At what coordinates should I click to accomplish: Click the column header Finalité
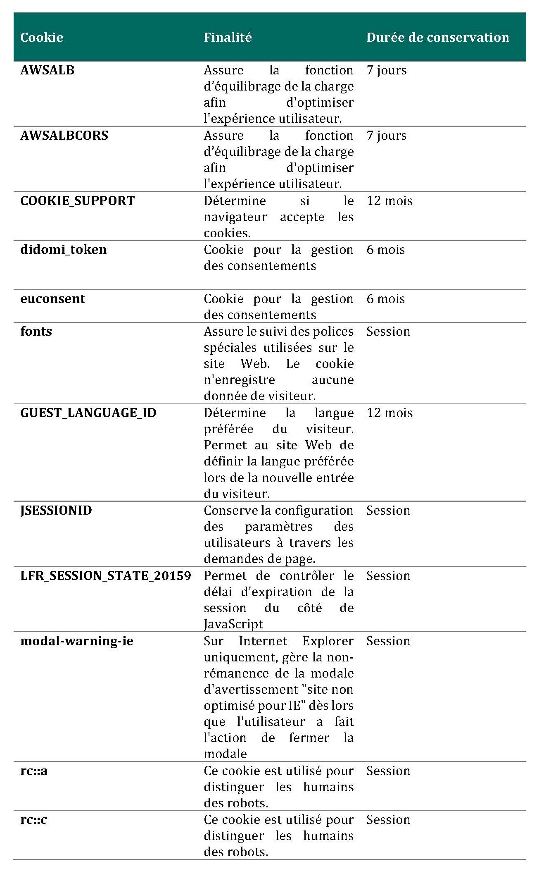(228, 38)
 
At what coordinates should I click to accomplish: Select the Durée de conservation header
(437, 38)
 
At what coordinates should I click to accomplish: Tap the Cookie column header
(42, 38)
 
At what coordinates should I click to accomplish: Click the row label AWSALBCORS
(64, 136)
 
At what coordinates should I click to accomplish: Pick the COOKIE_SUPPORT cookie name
(78, 201)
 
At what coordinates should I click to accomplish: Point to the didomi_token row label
(64, 250)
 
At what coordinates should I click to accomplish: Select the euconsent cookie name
(53, 299)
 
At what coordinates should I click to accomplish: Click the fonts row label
(36, 332)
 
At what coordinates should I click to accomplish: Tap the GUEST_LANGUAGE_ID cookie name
(88, 413)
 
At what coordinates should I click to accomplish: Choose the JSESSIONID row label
(56, 511)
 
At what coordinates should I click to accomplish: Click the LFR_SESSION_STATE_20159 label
(106, 576)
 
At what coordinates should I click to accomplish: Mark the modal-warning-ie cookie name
(77, 641)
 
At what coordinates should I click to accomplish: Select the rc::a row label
(34, 771)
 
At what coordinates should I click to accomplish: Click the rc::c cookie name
(34, 820)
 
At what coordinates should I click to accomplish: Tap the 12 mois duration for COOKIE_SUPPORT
(389, 201)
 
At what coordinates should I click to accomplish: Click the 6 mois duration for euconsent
(386, 299)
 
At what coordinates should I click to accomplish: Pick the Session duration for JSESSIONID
(388, 511)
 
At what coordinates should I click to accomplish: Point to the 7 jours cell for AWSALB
(387, 70)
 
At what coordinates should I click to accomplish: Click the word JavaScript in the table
(233, 624)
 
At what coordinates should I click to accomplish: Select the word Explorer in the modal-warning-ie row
(328, 641)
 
